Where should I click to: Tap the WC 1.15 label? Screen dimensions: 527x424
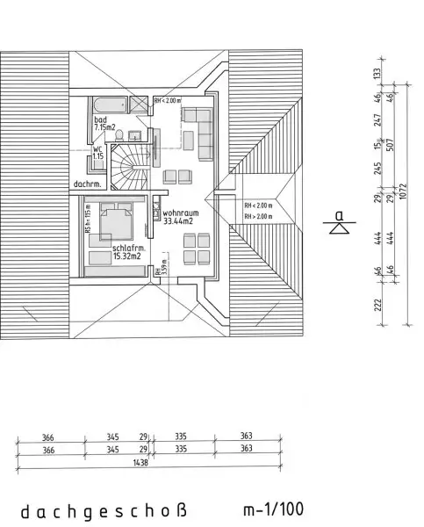click(97, 153)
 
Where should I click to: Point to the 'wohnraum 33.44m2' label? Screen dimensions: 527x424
click(179, 217)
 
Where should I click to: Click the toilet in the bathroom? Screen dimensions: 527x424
click(132, 134)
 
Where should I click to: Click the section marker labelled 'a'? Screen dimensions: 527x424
click(339, 220)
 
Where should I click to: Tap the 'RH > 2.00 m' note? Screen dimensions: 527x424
click(259, 215)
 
